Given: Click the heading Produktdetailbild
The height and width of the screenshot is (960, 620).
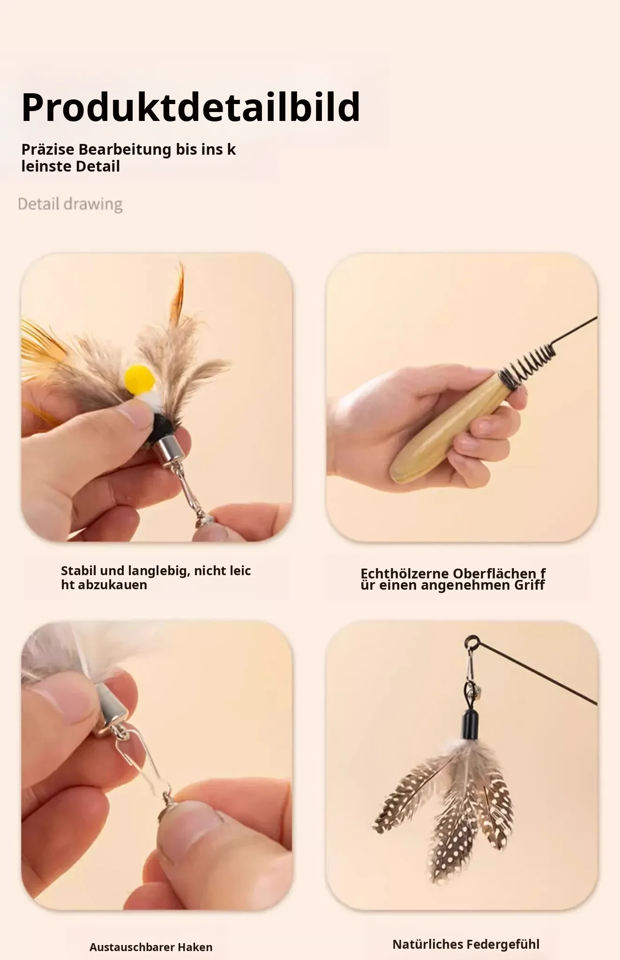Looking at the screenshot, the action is (x=191, y=108).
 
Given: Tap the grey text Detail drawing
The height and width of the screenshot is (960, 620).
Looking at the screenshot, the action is (x=70, y=204).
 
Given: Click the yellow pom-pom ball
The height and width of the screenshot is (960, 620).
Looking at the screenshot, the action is (x=140, y=379).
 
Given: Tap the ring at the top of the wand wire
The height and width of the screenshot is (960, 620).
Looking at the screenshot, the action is (x=471, y=641).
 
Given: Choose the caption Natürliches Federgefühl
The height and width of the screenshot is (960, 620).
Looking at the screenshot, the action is (x=466, y=944).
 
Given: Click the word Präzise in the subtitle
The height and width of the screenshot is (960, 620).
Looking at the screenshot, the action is (x=48, y=150).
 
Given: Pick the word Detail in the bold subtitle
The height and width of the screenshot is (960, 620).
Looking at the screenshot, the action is (x=98, y=166).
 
